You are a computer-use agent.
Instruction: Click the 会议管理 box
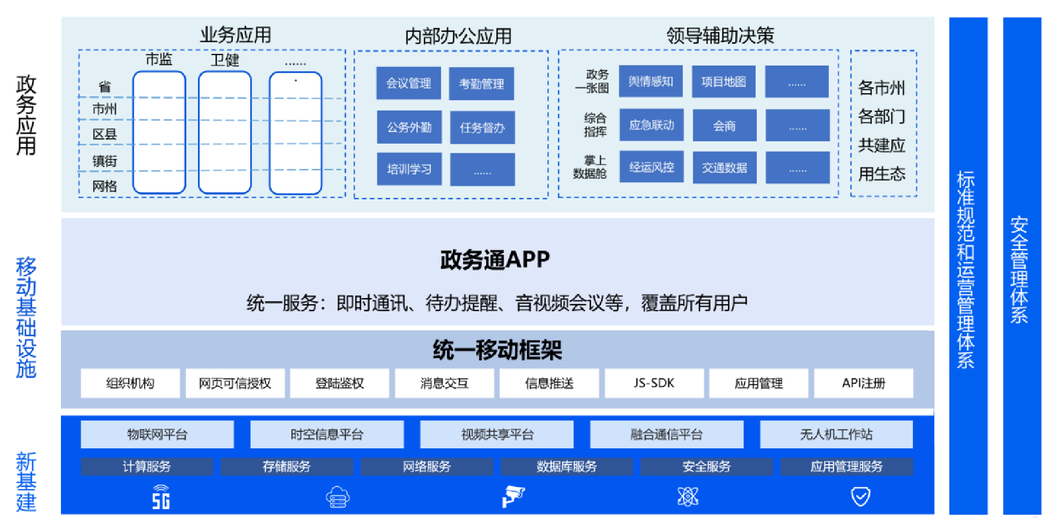(408, 83)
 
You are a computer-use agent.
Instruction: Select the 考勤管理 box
(481, 84)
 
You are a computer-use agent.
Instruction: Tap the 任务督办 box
(482, 127)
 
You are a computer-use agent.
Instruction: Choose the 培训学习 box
(409, 169)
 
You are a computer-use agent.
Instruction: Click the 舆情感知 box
(651, 82)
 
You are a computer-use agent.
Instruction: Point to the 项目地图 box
(723, 82)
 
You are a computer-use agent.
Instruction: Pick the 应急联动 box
(651, 125)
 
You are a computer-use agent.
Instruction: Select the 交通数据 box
(724, 168)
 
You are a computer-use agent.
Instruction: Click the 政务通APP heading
(495, 260)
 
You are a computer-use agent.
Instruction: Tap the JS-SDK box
(654, 383)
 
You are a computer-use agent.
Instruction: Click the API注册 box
(863, 383)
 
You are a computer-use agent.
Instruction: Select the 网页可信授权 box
(235, 383)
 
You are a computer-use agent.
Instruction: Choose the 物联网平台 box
(157, 435)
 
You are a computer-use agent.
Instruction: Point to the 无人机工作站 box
(836, 435)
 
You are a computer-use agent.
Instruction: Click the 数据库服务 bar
(566, 466)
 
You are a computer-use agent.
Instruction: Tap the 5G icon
(161, 497)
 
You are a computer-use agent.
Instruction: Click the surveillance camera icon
(513, 496)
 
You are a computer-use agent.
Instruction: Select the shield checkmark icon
(861, 497)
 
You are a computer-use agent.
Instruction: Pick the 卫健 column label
(225, 60)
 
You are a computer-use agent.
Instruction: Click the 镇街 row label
(104, 161)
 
